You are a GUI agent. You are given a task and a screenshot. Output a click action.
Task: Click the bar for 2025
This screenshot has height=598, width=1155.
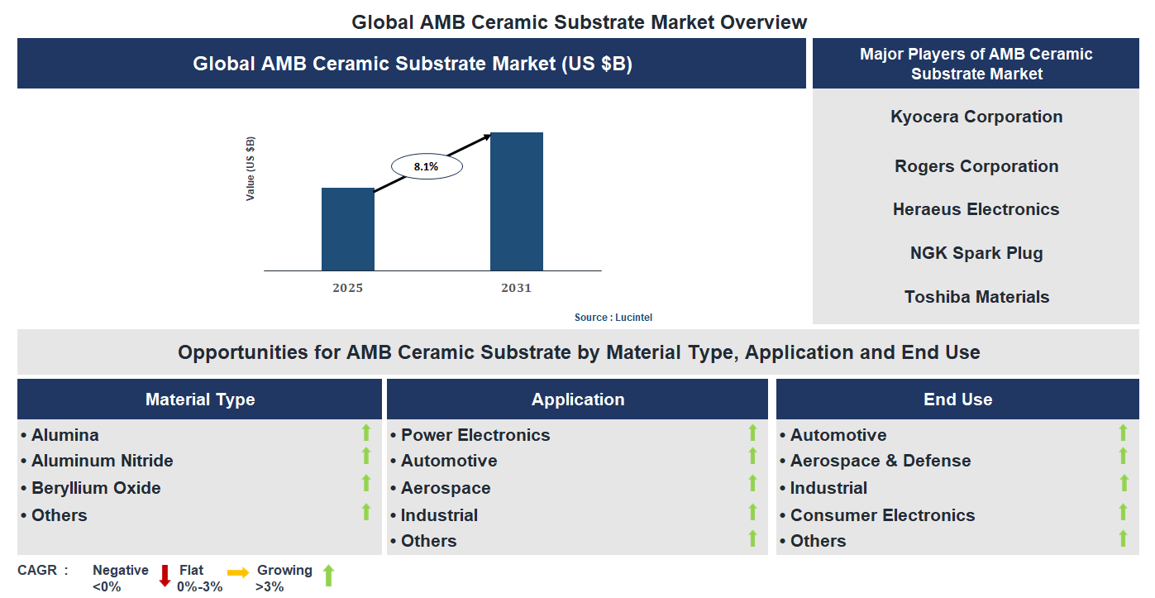click(347, 229)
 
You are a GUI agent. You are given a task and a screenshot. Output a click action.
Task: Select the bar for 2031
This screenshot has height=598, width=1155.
click(517, 201)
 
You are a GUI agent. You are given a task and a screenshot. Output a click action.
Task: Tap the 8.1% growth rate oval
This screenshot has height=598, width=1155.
click(426, 167)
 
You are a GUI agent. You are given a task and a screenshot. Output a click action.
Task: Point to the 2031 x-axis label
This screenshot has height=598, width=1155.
click(517, 289)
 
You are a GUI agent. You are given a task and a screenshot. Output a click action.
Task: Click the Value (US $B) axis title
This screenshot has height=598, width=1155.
click(251, 169)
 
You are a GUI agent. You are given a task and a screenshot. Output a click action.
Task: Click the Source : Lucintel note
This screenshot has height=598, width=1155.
click(613, 318)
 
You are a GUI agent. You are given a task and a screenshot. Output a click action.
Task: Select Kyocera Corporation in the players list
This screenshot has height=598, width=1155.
click(976, 117)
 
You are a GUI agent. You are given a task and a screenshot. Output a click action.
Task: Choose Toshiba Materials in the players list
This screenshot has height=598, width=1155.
click(976, 297)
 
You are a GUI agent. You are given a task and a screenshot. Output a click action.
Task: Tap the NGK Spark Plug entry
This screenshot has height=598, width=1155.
click(976, 253)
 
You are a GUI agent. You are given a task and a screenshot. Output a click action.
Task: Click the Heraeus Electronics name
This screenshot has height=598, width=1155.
click(976, 209)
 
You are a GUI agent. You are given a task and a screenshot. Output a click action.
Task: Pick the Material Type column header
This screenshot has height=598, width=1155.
click(200, 399)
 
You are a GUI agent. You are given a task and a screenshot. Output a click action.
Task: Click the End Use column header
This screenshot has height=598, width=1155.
click(957, 399)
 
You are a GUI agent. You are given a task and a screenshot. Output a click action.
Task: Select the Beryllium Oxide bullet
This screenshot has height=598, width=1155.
click(96, 488)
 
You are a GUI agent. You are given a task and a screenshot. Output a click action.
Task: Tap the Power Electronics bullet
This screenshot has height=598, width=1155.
click(475, 435)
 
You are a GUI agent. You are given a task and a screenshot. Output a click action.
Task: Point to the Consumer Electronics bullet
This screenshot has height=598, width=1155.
click(882, 515)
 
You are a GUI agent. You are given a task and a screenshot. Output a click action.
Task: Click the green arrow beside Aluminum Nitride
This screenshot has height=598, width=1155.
click(366, 456)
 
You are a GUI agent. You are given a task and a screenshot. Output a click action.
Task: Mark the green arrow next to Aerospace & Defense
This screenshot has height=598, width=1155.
click(1123, 456)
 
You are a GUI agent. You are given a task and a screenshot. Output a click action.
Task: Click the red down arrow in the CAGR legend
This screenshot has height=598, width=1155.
click(165, 576)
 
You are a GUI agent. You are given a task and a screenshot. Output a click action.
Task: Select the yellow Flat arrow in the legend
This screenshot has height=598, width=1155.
click(238, 572)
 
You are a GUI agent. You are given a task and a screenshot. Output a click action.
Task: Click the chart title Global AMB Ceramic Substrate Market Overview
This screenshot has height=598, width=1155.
click(579, 22)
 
